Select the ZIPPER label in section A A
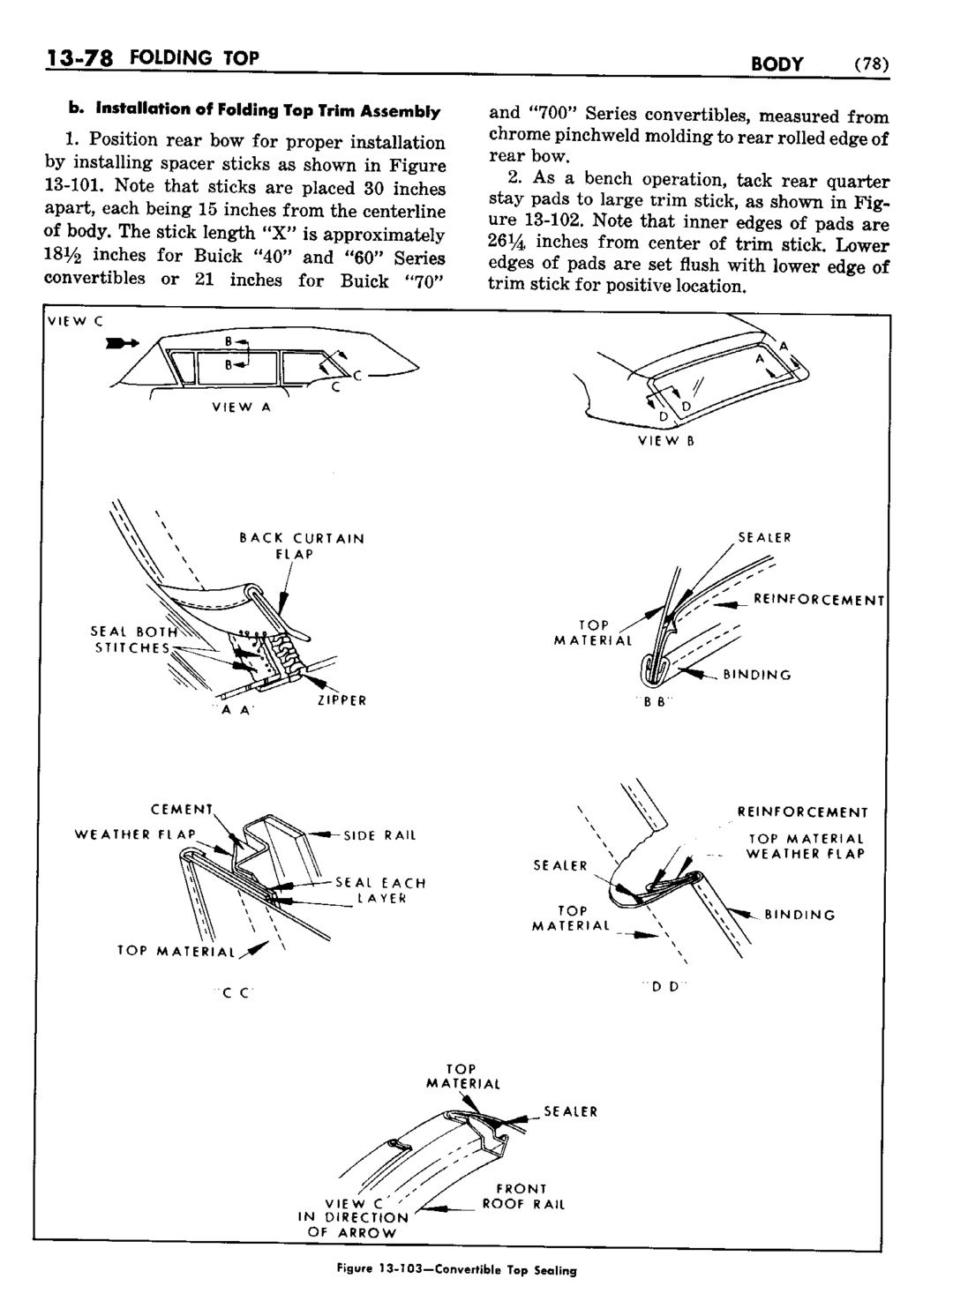[341, 700]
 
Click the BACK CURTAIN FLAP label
[302, 546]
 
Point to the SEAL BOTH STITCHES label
[134, 639]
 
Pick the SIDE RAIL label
[379, 834]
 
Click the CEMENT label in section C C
[183, 808]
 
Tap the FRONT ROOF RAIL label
[522, 1196]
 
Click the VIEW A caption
[240, 408]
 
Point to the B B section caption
[654, 702]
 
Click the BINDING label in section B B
[757, 676]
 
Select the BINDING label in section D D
[799, 915]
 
